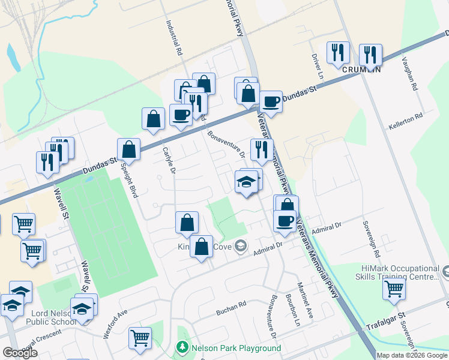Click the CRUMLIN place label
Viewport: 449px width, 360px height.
(x=362, y=69)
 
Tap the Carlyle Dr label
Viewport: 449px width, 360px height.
(x=169, y=162)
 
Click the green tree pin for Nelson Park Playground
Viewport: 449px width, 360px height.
(x=182, y=348)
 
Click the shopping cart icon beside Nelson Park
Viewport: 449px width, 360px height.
(x=140, y=337)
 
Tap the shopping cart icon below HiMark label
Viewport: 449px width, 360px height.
(x=394, y=289)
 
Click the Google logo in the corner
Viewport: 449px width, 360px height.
(x=20, y=353)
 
